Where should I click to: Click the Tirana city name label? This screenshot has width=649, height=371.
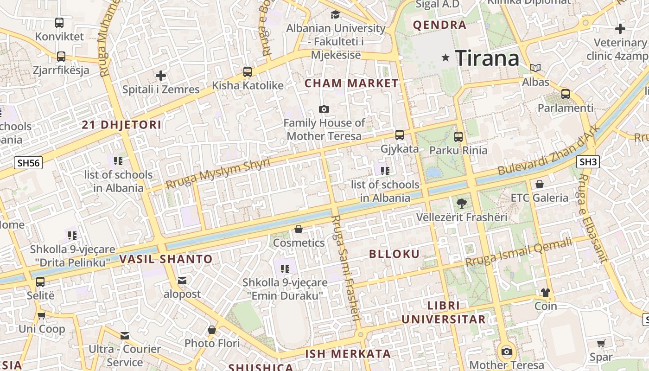click(487, 58)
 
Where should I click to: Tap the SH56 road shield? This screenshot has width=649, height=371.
click(28, 163)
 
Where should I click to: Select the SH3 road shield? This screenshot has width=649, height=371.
click(588, 162)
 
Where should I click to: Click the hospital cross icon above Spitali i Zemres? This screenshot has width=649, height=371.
click(161, 75)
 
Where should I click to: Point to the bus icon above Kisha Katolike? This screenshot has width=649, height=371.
click(248, 72)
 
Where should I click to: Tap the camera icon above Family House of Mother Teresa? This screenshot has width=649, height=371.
click(324, 109)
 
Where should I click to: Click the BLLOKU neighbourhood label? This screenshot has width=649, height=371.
click(394, 254)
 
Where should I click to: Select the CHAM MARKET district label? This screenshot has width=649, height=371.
click(351, 83)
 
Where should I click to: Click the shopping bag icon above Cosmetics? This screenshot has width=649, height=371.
click(299, 229)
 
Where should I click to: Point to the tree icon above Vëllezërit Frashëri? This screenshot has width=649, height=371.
click(462, 203)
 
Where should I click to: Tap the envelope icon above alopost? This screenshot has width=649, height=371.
click(182, 280)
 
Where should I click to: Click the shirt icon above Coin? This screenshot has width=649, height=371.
click(546, 292)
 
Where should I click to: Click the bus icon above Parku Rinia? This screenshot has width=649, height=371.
click(458, 136)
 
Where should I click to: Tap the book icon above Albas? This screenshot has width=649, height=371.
click(535, 68)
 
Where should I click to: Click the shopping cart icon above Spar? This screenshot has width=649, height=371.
click(601, 344)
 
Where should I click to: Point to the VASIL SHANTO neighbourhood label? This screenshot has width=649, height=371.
click(166, 259)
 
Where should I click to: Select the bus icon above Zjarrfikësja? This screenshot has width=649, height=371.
click(61, 57)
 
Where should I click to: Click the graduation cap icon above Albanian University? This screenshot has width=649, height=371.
click(335, 15)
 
